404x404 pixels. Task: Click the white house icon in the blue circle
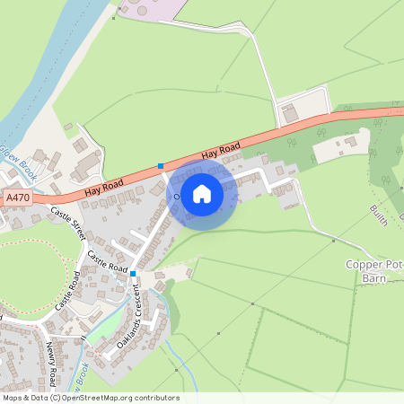(202, 193)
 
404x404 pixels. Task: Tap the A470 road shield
(16, 197)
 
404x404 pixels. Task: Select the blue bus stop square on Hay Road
(161, 166)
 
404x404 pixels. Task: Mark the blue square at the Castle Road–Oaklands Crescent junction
(132, 273)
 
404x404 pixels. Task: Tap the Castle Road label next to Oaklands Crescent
(108, 263)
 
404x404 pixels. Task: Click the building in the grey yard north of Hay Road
(289, 114)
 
